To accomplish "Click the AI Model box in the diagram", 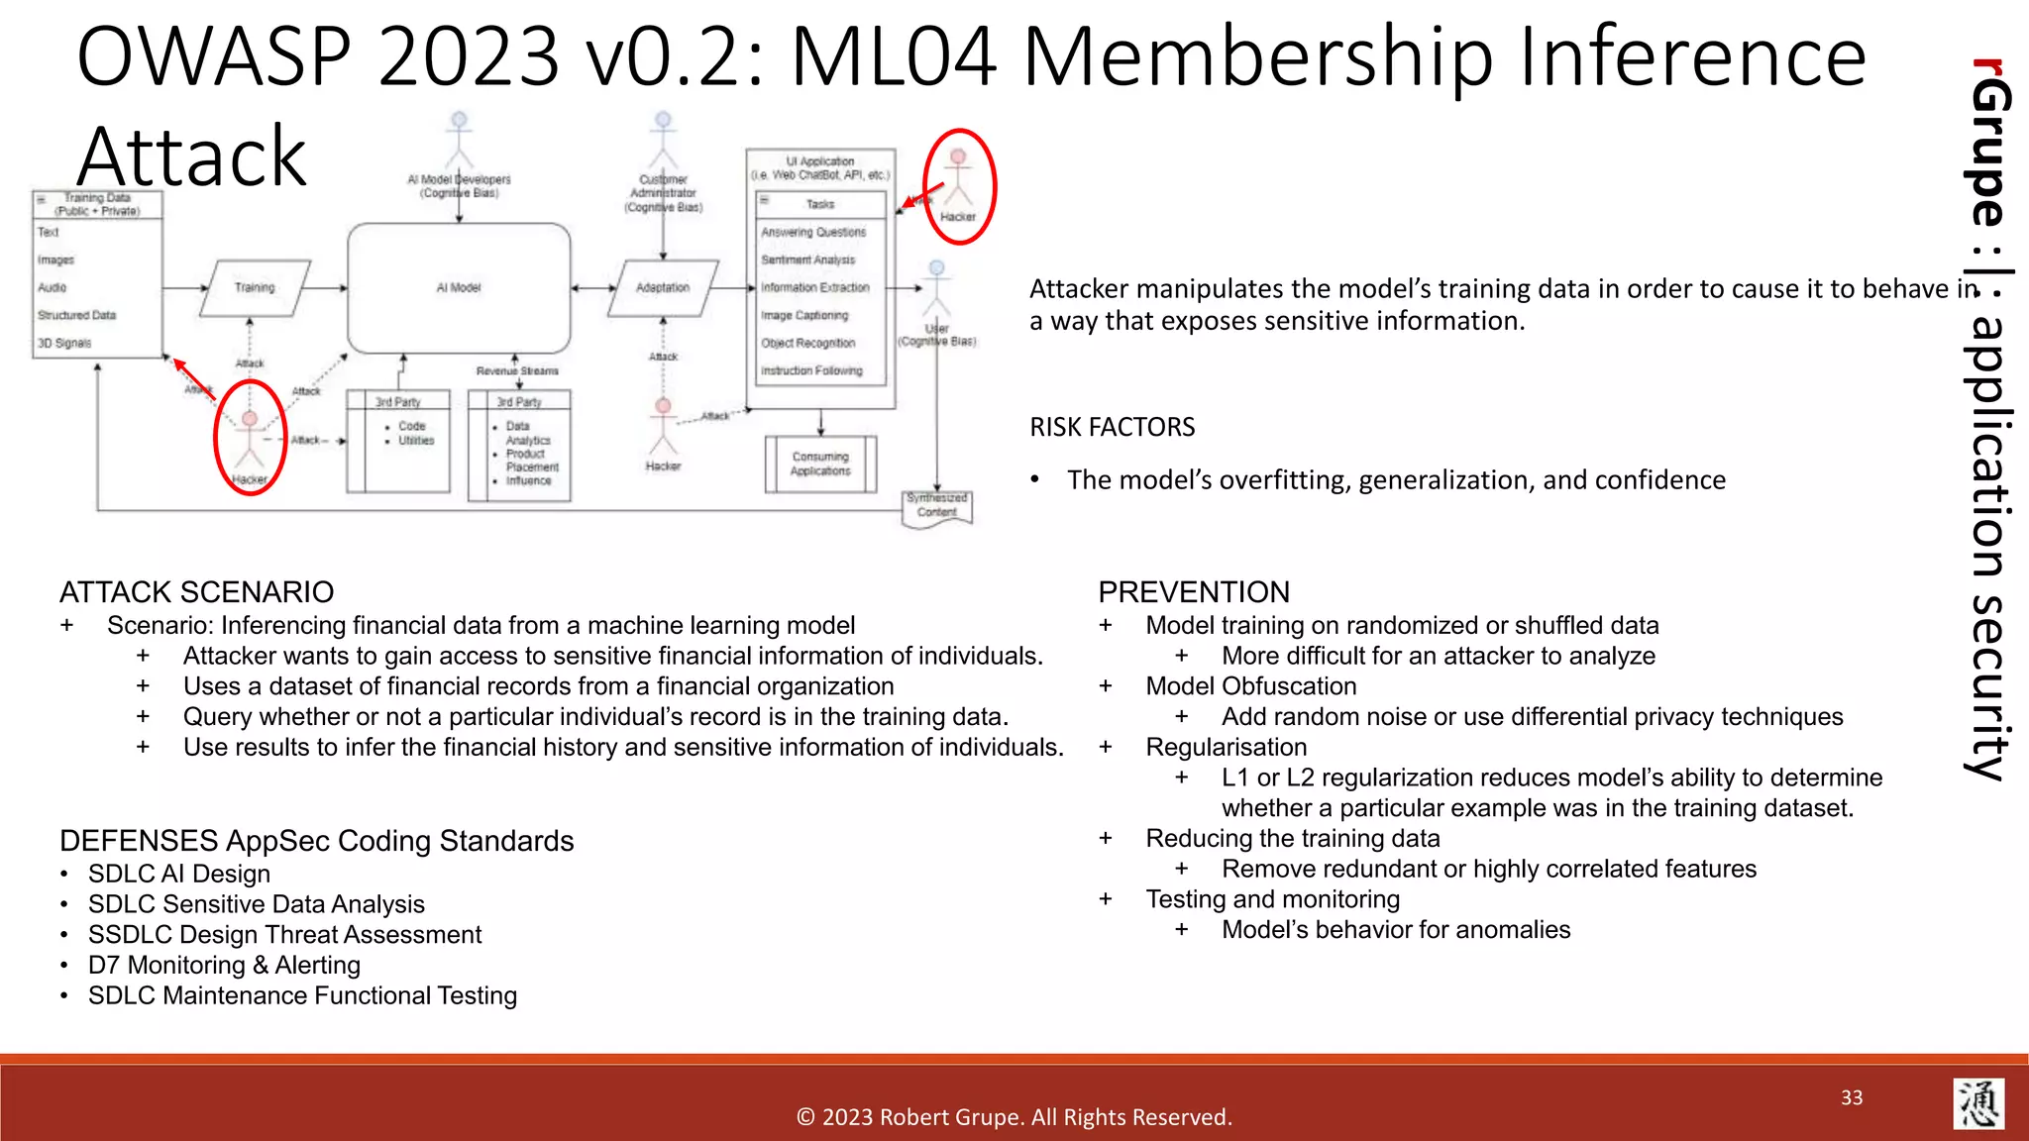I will [459, 287].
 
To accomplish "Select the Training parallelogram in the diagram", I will [255, 287].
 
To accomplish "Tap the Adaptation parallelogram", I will [663, 287].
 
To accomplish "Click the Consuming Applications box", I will [820, 464].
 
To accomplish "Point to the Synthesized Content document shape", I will [937, 506].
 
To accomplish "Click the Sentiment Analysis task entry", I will [807, 259].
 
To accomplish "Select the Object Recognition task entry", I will [807, 343].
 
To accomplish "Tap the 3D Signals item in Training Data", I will [64, 343].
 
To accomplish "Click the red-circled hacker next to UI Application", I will [958, 186].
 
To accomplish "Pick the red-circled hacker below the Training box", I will [250, 438].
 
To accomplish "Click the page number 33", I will [1852, 1097].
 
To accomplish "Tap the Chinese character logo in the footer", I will [1978, 1103].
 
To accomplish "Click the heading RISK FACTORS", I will [1112, 427].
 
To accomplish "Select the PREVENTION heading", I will [1194, 592].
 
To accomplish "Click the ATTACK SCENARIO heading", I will [196, 592].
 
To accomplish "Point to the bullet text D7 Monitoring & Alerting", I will [224, 965].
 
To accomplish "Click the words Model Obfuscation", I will [1250, 686].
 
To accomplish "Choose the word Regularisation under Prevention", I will [1226, 747].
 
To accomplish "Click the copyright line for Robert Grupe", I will [1014, 1117].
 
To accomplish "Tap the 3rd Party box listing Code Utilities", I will [398, 442].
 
